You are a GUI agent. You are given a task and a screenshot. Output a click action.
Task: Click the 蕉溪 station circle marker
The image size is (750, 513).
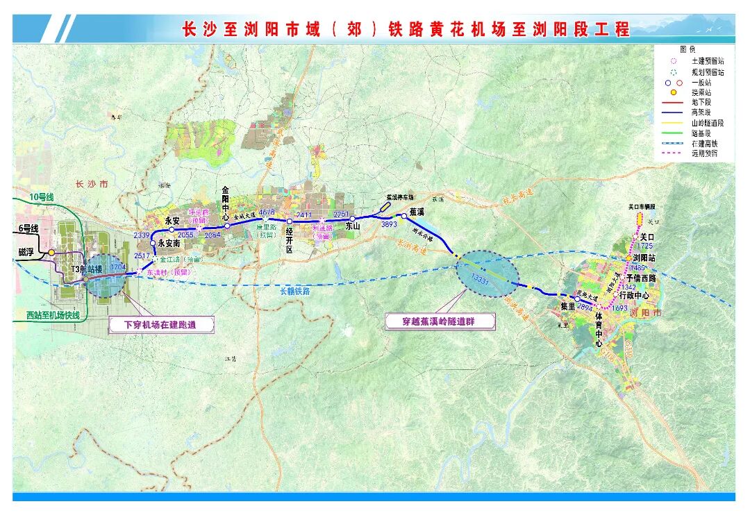click(403, 216)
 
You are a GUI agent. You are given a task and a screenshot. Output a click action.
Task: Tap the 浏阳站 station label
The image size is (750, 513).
click(645, 258)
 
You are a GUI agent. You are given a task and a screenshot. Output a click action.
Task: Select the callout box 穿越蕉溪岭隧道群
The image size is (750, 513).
click(440, 321)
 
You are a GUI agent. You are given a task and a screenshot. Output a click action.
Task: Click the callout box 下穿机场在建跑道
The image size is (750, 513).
click(160, 323)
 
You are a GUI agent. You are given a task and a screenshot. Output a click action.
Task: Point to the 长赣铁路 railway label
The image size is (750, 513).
click(292, 292)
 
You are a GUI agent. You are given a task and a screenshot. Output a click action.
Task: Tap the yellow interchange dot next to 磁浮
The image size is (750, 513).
click(51, 253)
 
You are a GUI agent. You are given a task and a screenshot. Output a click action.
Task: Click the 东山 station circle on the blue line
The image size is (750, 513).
click(353, 219)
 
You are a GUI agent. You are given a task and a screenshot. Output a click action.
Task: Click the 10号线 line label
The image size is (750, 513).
click(41, 198)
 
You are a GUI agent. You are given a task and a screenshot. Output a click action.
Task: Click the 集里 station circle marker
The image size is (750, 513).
click(577, 299)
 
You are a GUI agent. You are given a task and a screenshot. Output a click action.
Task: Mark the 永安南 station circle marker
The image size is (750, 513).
click(153, 243)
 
